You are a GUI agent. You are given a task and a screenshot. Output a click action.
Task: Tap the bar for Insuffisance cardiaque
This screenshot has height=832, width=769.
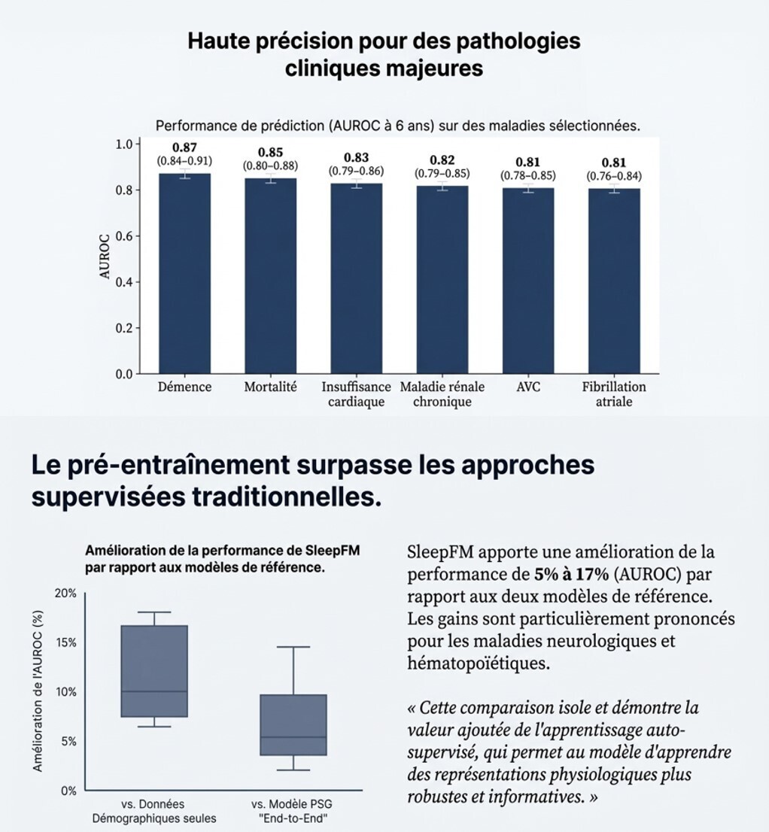[356, 278]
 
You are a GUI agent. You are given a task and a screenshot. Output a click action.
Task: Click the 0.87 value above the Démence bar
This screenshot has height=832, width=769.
[184, 147]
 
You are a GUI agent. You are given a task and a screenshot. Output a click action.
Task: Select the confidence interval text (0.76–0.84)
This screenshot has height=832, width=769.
[614, 177]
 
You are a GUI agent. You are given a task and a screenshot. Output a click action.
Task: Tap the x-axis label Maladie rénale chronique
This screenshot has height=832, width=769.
[442, 394]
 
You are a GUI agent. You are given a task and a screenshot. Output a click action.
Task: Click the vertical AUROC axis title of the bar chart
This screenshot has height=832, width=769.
[105, 257]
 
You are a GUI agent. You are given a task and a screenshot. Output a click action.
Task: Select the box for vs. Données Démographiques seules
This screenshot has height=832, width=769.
[154, 671]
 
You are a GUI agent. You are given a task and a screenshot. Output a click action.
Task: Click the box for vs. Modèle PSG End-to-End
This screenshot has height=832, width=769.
[293, 724]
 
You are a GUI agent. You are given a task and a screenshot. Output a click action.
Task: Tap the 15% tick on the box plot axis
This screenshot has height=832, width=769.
[65, 642]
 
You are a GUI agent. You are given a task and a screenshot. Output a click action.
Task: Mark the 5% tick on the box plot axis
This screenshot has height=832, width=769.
[68, 741]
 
